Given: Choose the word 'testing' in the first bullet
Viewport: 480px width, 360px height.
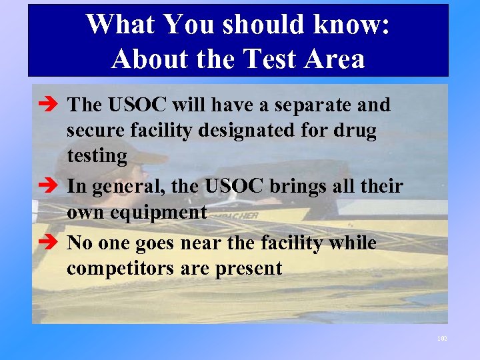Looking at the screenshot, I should (97, 157).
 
